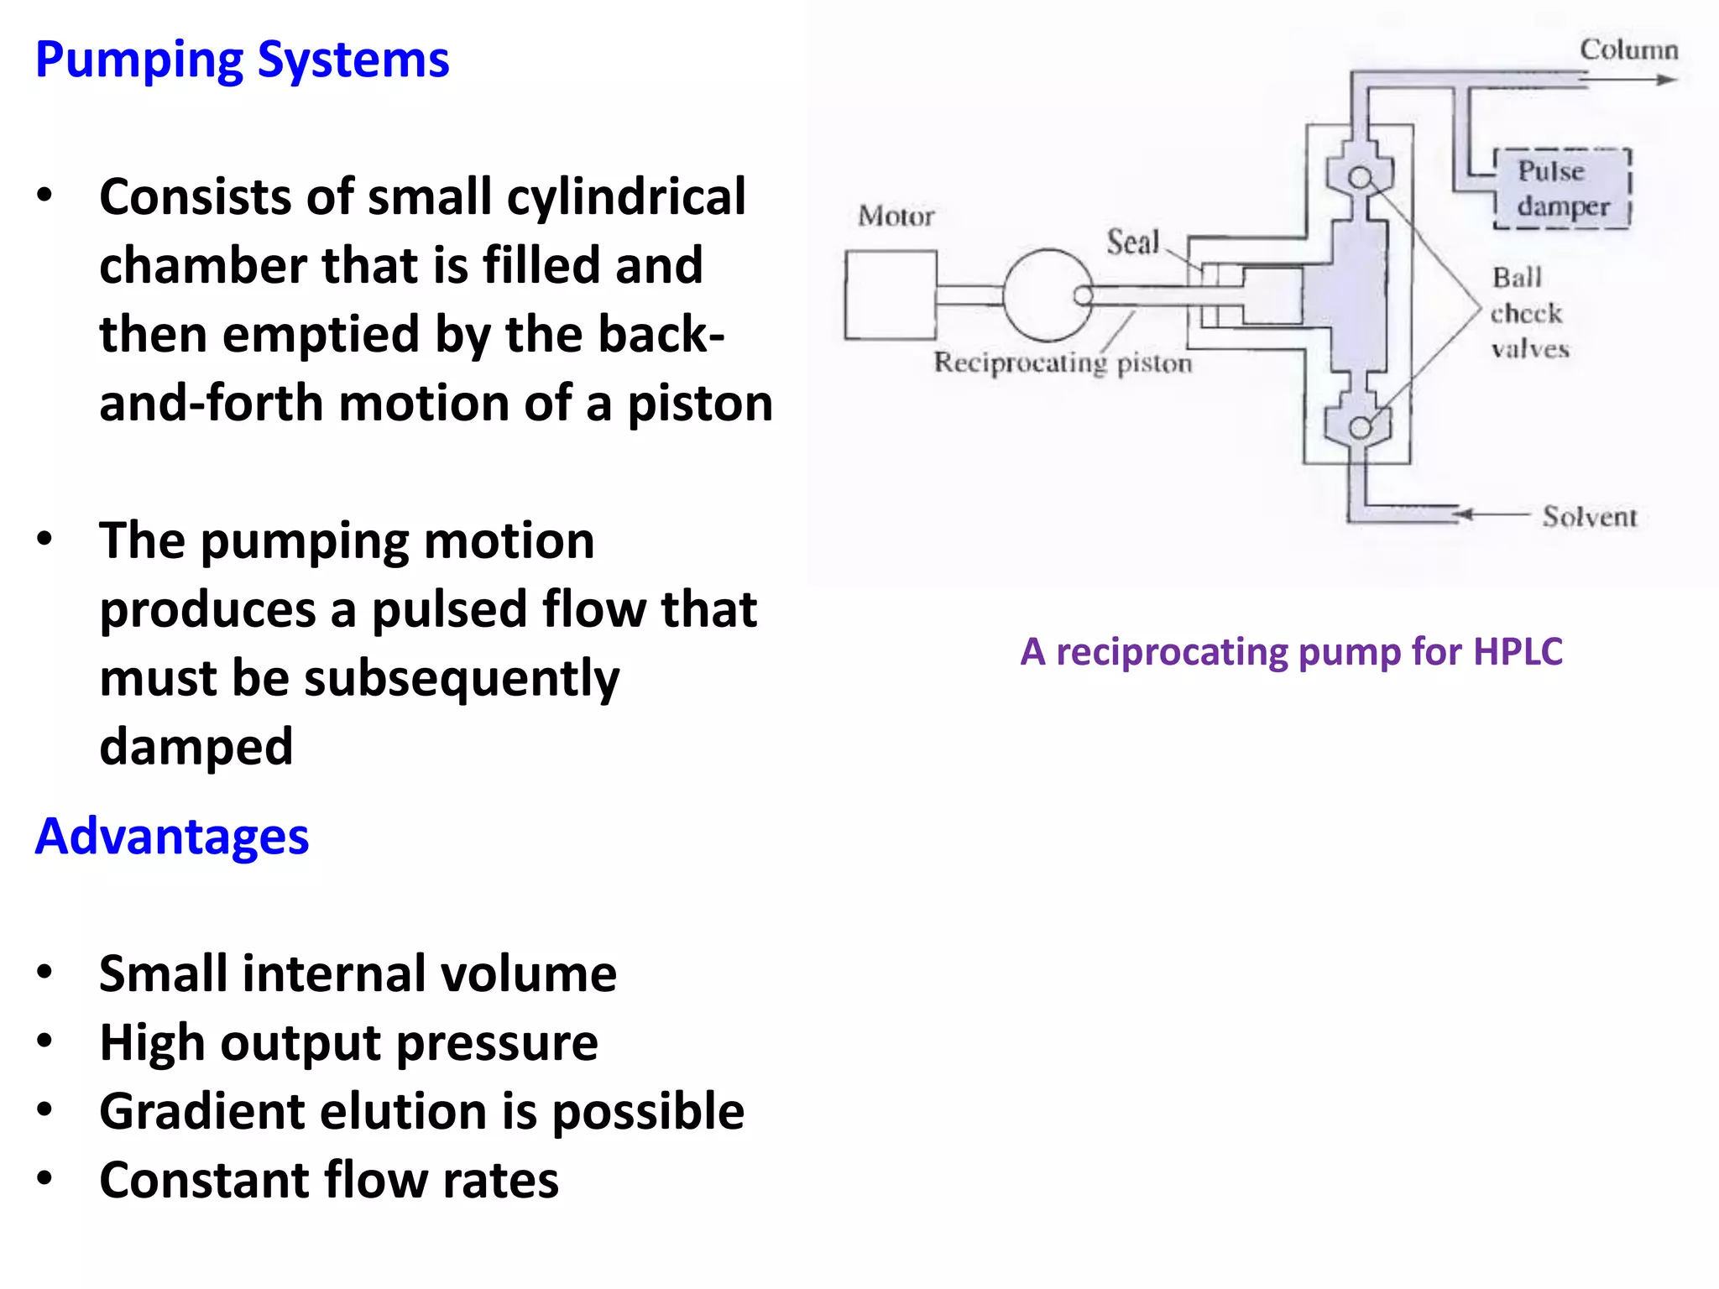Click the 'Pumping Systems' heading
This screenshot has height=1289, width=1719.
click(x=242, y=60)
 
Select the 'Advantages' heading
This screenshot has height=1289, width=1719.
click(x=172, y=837)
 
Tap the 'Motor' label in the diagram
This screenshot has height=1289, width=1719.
click(x=896, y=217)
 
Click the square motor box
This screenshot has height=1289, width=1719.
click(x=891, y=295)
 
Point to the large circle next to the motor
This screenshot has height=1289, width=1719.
click(x=1048, y=295)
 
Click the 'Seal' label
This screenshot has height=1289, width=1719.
click(x=1132, y=243)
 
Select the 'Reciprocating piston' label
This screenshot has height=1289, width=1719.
click(x=1063, y=363)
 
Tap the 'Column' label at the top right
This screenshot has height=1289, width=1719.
click(x=1628, y=50)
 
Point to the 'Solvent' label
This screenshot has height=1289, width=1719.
click(x=1589, y=517)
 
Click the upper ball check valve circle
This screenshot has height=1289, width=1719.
click(x=1361, y=178)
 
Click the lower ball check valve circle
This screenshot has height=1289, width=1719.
click(x=1360, y=428)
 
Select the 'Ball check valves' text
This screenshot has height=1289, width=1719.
click(x=1528, y=313)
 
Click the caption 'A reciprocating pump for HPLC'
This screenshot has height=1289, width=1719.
click(x=1291, y=652)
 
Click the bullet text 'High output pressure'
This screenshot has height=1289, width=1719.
click(x=348, y=1043)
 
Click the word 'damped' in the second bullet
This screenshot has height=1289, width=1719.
click(x=196, y=746)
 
